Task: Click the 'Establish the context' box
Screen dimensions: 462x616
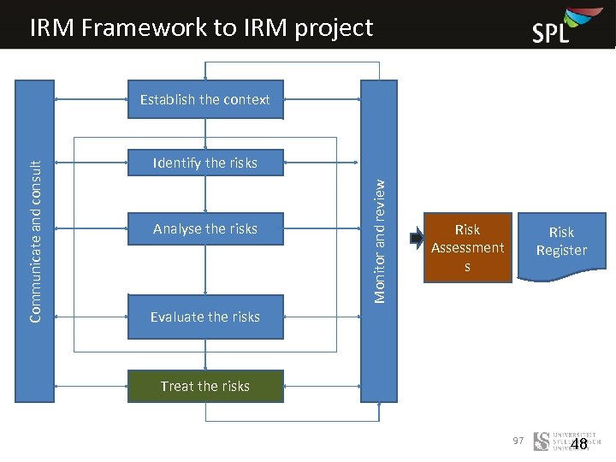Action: pos(205,99)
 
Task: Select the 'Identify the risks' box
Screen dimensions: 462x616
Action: pos(205,163)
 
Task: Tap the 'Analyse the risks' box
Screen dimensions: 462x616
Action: pos(205,228)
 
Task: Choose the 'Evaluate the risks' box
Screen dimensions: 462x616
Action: pos(205,317)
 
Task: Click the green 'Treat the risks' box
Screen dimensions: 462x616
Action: pos(205,386)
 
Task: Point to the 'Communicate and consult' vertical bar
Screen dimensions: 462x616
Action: pos(35,240)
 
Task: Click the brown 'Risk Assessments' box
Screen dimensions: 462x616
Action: pos(467,247)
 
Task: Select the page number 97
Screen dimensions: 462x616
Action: pos(518,440)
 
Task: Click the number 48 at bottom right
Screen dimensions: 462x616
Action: pos(579,444)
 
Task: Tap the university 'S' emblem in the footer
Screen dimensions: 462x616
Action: pos(542,441)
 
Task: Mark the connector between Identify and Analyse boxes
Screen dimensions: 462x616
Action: pos(205,194)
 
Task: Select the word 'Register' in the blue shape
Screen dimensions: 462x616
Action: pos(561,251)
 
